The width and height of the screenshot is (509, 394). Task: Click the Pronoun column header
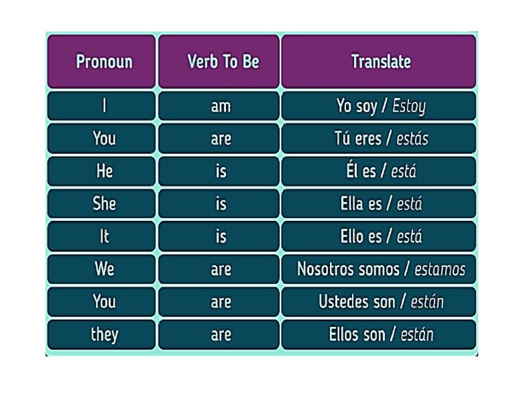103,62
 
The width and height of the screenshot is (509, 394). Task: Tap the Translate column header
380,62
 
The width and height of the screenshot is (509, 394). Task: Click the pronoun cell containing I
103,106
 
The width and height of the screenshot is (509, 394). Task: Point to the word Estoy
409,106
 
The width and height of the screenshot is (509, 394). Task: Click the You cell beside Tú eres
103,139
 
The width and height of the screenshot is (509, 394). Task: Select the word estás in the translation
412,139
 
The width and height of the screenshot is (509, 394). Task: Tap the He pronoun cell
103,171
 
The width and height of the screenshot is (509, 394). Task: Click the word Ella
351,204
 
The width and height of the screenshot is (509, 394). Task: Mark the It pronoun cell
103,236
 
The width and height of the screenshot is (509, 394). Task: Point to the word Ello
351,236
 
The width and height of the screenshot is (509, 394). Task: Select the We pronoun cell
103,269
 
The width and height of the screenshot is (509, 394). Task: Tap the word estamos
440,269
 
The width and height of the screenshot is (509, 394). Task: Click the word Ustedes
344,302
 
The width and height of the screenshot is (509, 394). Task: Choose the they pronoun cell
103,334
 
